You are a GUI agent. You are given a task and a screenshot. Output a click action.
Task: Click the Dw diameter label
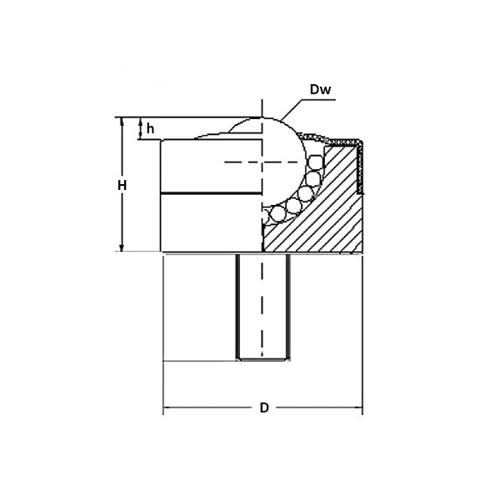pyautogui.click(x=320, y=88)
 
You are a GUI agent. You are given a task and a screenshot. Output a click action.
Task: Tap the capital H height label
pyautogui.click(x=121, y=185)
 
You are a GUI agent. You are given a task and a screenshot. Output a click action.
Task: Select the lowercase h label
pyautogui.click(x=150, y=128)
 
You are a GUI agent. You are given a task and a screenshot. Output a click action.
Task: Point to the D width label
pyautogui.click(x=263, y=408)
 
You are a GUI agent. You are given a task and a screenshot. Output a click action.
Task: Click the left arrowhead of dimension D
pyautogui.click(x=167, y=408)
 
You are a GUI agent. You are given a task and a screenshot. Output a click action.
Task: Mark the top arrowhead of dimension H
pyautogui.click(x=122, y=122)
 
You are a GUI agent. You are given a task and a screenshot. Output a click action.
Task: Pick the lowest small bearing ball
pyautogui.click(x=272, y=218)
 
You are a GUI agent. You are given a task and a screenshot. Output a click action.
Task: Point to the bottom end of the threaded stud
pyautogui.click(x=262, y=359)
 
